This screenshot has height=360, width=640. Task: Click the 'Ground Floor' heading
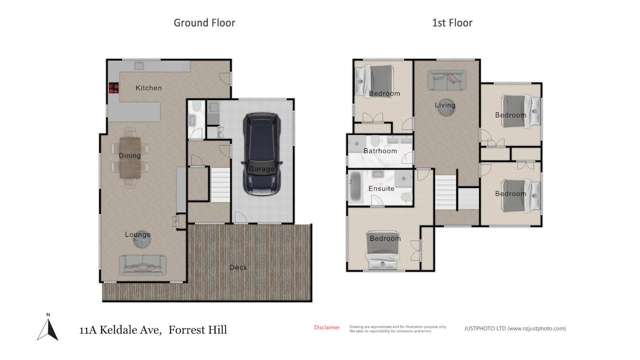204,22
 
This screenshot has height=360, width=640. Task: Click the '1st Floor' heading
452,22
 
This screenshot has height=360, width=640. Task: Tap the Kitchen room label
149,88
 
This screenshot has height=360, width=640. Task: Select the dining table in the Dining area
131,158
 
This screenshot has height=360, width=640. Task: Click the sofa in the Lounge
143,264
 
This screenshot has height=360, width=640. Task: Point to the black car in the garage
262,155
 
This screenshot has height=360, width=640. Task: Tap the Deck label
238,267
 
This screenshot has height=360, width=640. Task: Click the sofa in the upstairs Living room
445,80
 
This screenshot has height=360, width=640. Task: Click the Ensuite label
381,188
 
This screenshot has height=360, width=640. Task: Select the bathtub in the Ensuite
356,188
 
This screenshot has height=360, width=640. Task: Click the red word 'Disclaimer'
327,327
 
